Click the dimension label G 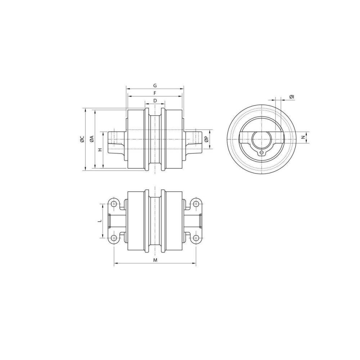point(155,86)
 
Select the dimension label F point(155,93)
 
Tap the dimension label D point(155,101)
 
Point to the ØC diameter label point(82,139)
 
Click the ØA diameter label point(91,139)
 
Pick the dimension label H point(100,150)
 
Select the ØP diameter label point(206,139)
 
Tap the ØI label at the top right point(292,97)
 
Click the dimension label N point(303,137)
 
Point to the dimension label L point(100,221)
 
